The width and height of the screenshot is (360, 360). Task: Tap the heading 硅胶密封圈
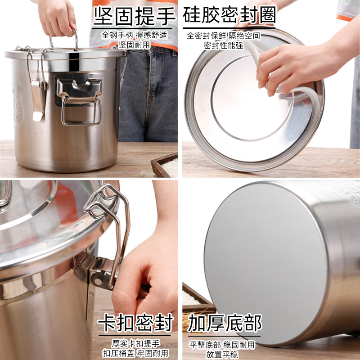[229, 16]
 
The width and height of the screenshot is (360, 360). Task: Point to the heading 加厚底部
[225, 323]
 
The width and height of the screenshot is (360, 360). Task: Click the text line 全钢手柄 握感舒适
[134, 35]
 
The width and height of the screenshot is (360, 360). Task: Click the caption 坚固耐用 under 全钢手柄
[134, 45]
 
